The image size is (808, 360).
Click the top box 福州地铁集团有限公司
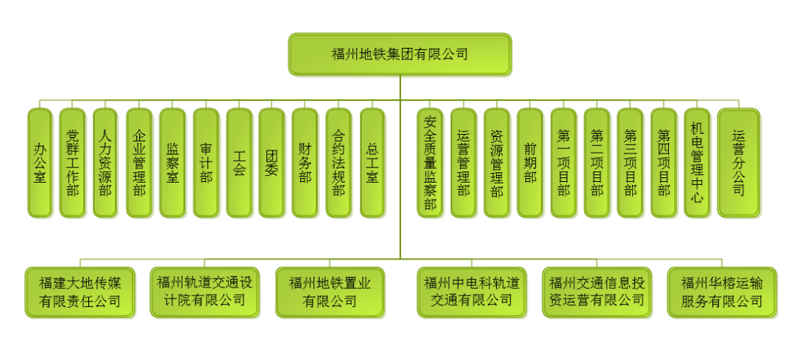400,54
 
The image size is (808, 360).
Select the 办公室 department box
40,163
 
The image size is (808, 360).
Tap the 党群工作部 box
73,163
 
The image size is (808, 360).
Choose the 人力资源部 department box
105,163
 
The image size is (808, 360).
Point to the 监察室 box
172,163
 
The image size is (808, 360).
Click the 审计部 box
206,163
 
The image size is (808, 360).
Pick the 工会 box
239,163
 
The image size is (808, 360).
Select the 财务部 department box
305,163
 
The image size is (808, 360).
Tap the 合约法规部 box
339,163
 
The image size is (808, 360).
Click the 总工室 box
372,163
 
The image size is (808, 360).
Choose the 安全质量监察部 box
430,163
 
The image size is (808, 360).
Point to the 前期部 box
530,163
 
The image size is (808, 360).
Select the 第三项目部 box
630,163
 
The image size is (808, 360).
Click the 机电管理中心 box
697,163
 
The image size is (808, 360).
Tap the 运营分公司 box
738,163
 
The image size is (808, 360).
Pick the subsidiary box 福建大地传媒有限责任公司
80,292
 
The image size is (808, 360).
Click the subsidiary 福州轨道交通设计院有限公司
204,291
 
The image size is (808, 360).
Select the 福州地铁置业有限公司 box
330,292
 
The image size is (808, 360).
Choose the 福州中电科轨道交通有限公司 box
471,291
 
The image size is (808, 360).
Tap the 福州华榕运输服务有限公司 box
721,292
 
